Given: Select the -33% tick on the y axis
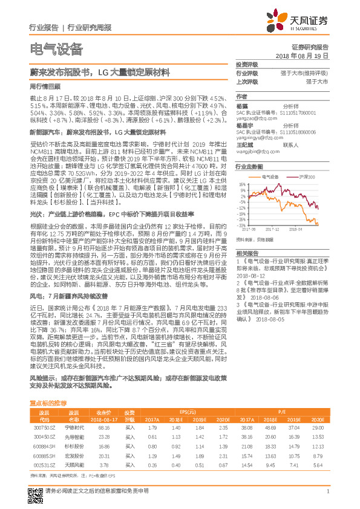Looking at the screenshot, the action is (241, 225).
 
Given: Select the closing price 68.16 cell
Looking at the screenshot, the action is (103, 427).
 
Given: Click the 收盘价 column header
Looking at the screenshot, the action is (103, 412).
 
